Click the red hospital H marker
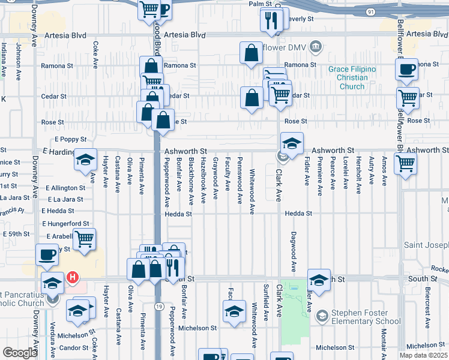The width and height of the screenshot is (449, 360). pos(72,277)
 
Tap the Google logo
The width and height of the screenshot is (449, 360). pos(20,353)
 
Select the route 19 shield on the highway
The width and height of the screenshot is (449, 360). pos(157,306)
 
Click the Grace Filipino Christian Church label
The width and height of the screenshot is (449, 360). pos(352,78)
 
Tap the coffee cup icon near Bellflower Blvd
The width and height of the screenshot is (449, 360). pos(406,70)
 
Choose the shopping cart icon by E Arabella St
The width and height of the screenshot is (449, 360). pos(84,239)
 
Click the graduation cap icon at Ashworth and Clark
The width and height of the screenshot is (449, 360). pos(292,144)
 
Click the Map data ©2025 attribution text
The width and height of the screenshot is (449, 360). pos(423,355)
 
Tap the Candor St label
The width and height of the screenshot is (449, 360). pos(74,348)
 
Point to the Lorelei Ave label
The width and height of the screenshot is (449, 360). pos(345,173)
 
